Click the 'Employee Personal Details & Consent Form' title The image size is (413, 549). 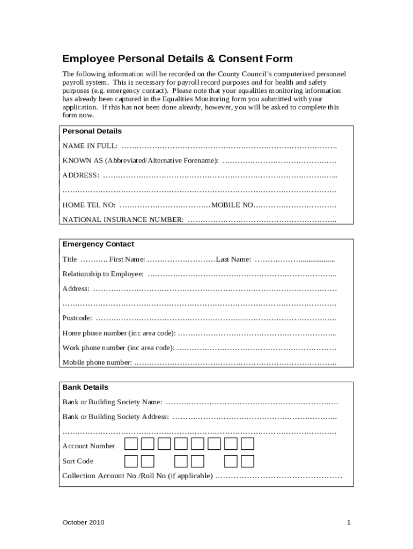pos(178,59)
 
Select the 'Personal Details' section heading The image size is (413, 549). pos(92,131)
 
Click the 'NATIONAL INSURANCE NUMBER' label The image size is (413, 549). pos(123,219)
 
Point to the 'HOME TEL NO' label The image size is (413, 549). pos(89,205)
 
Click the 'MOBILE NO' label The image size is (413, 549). pos(232,205)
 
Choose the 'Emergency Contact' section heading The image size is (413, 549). pos(98,244)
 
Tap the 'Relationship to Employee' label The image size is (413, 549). pos(103,274)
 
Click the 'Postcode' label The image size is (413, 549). pos(77,318)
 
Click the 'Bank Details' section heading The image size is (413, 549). pos(85,387)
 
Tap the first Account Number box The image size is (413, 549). pos(131,444)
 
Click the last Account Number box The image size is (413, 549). pos(247,444)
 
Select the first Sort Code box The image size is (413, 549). pos(131,461)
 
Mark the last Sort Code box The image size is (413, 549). pos(247,461)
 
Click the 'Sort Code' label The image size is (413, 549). pos(78,461)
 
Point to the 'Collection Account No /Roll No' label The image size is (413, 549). pos(137,476)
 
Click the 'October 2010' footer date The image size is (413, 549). pos(83,522)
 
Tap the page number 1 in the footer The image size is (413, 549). pos(349,522)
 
